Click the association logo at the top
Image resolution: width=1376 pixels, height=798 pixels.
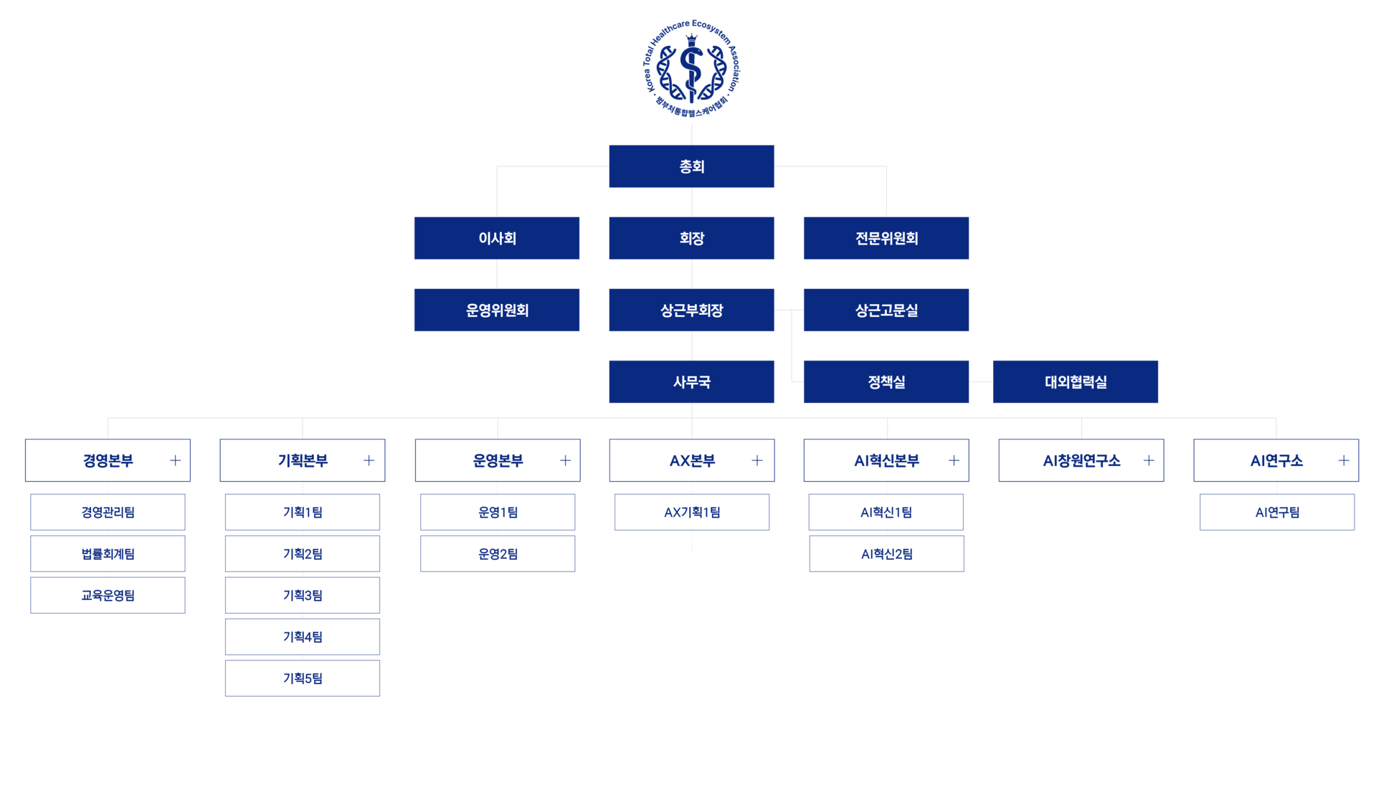[x=691, y=69]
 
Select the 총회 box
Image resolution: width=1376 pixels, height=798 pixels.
[x=691, y=166]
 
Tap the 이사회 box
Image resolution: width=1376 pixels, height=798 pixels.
[x=497, y=238]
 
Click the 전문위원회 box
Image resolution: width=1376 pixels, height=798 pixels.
[x=886, y=238]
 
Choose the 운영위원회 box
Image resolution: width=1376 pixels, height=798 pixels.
[x=497, y=310]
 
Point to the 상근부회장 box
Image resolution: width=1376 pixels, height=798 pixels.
[x=691, y=310]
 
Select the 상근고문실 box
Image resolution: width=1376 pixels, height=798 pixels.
[x=886, y=310]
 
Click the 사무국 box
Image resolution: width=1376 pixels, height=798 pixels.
[x=691, y=381]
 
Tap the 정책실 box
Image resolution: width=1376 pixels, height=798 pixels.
[x=886, y=381]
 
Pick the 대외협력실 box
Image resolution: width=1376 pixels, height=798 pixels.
[x=1076, y=381]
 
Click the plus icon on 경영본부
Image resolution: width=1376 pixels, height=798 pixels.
[x=175, y=460]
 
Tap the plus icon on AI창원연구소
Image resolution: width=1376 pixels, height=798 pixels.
[x=1149, y=460]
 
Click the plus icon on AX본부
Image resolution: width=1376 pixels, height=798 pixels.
[x=757, y=460]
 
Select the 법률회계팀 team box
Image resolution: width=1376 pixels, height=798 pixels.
[x=108, y=554]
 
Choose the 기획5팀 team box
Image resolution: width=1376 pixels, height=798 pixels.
[x=303, y=678]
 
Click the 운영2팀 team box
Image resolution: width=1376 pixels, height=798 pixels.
[x=498, y=554]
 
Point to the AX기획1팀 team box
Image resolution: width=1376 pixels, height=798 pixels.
[x=692, y=512]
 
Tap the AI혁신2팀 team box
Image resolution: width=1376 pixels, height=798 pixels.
[x=887, y=554]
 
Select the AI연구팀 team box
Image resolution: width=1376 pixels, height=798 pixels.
[x=1277, y=512]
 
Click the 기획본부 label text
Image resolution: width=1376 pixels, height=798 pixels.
[x=303, y=460]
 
